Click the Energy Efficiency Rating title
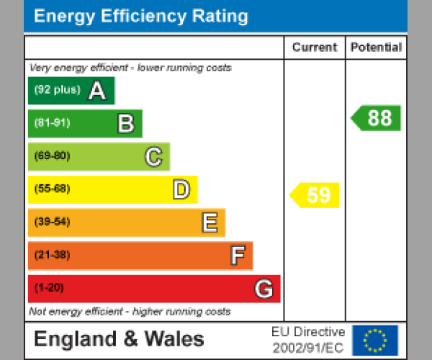(141, 17)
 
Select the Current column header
(315, 48)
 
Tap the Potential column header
(376, 48)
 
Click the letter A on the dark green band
(96, 91)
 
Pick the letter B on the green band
(126, 124)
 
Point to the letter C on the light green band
(153, 156)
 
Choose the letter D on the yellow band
(181, 189)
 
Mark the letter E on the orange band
(210, 222)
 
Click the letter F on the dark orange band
(238, 256)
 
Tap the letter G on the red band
(264, 289)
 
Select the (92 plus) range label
(57, 91)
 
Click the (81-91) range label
(52, 123)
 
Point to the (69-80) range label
(52, 156)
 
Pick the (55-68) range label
(52, 189)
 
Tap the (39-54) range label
(52, 222)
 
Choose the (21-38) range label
(52, 255)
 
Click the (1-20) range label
(49, 288)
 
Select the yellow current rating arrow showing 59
(315, 195)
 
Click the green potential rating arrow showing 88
(377, 118)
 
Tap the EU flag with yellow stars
(374, 340)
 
